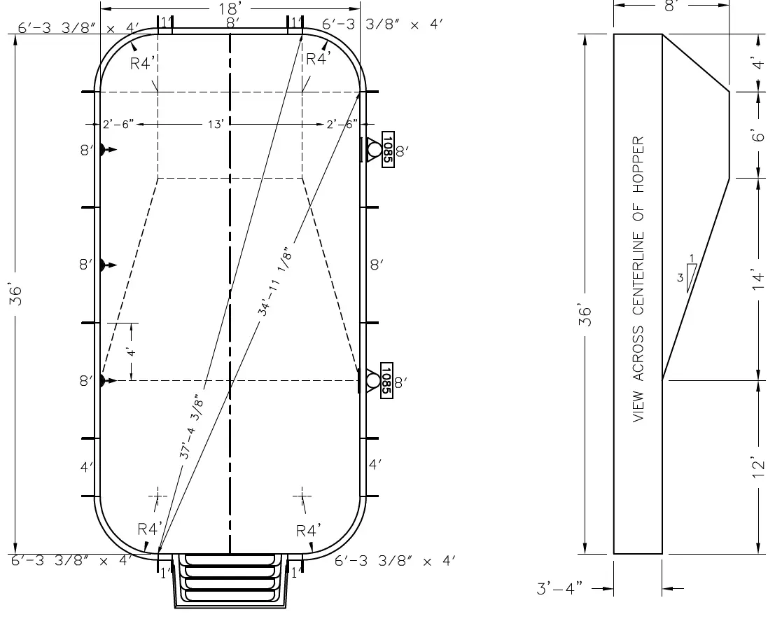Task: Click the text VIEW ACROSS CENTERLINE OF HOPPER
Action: (638, 279)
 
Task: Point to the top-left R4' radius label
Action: (142, 63)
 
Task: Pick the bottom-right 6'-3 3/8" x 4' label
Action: (396, 561)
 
